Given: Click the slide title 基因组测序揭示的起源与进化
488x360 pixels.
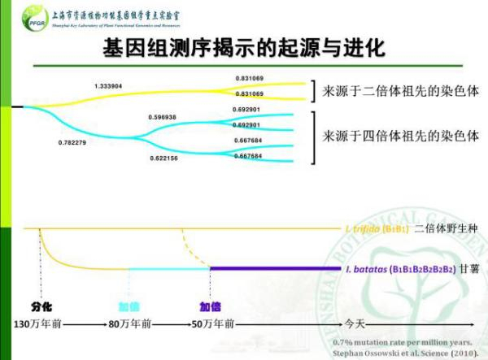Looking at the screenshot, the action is coord(243,47).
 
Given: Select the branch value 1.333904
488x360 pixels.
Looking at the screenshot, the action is coord(108,85).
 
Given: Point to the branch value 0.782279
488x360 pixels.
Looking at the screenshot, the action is coord(72,143).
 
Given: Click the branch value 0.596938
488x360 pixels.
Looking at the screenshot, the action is coord(162,117).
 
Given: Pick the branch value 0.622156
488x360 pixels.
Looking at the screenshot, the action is coord(163,158).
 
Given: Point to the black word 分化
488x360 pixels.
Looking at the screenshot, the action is coord(42,307).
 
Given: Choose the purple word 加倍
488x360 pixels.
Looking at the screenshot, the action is coord(211,307).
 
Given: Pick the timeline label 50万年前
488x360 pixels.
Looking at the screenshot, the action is coord(212,323).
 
